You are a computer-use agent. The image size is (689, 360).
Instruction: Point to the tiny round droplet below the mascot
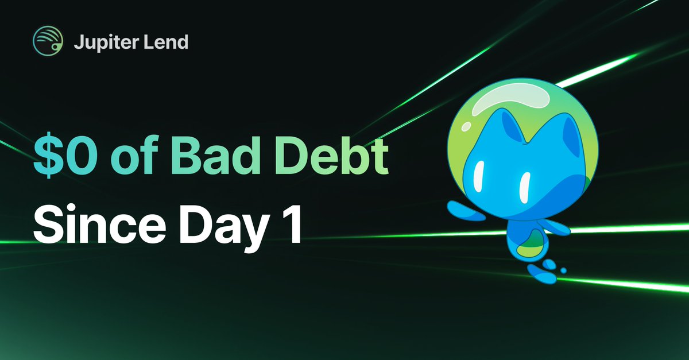(x=563, y=270)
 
